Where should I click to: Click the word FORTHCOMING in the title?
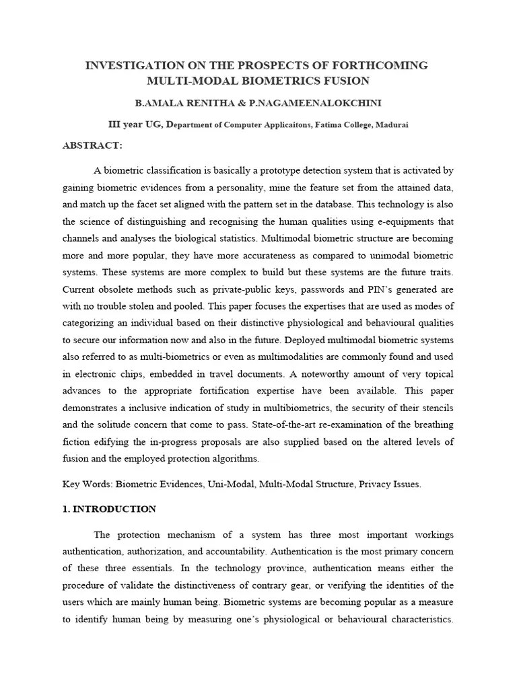pos(380,65)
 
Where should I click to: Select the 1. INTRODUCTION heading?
pos(109,509)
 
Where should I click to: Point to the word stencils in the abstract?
pos(436,408)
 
